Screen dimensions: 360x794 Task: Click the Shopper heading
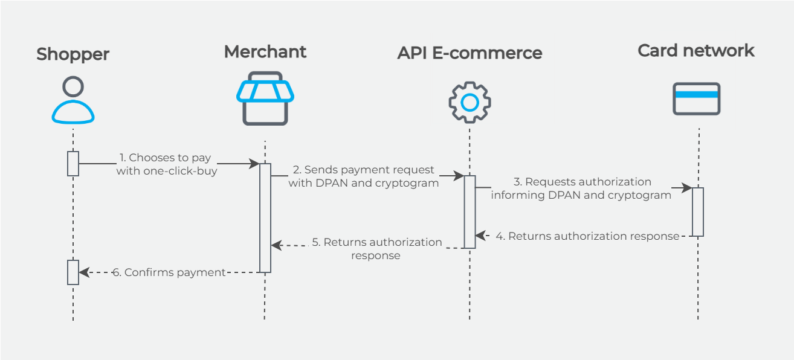[x=73, y=54]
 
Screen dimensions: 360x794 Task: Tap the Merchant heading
[x=265, y=52]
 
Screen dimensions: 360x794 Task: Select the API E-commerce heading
[x=470, y=53]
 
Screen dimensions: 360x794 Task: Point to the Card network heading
[x=696, y=51]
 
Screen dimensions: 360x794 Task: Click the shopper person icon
[x=73, y=100]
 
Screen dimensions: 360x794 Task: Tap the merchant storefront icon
[x=265, y=98]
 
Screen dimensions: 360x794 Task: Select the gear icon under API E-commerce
[x=470, y=102]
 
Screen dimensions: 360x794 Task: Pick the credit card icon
[x=696, y=98]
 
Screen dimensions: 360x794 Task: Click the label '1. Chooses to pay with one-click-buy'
[x=166, y=164]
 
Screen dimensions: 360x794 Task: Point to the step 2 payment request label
[x=363, y=176]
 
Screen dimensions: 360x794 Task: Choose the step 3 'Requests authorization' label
[x=581, y=188]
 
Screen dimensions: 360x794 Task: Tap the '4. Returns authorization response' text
[x=587, y=236]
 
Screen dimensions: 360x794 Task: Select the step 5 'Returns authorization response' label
[x=376, y=248]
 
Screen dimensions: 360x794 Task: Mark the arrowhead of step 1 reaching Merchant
[x=254, y=164]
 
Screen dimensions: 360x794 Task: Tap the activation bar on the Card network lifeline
[x=697, y=211]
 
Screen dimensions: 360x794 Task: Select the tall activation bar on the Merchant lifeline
[x=265, y=217]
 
